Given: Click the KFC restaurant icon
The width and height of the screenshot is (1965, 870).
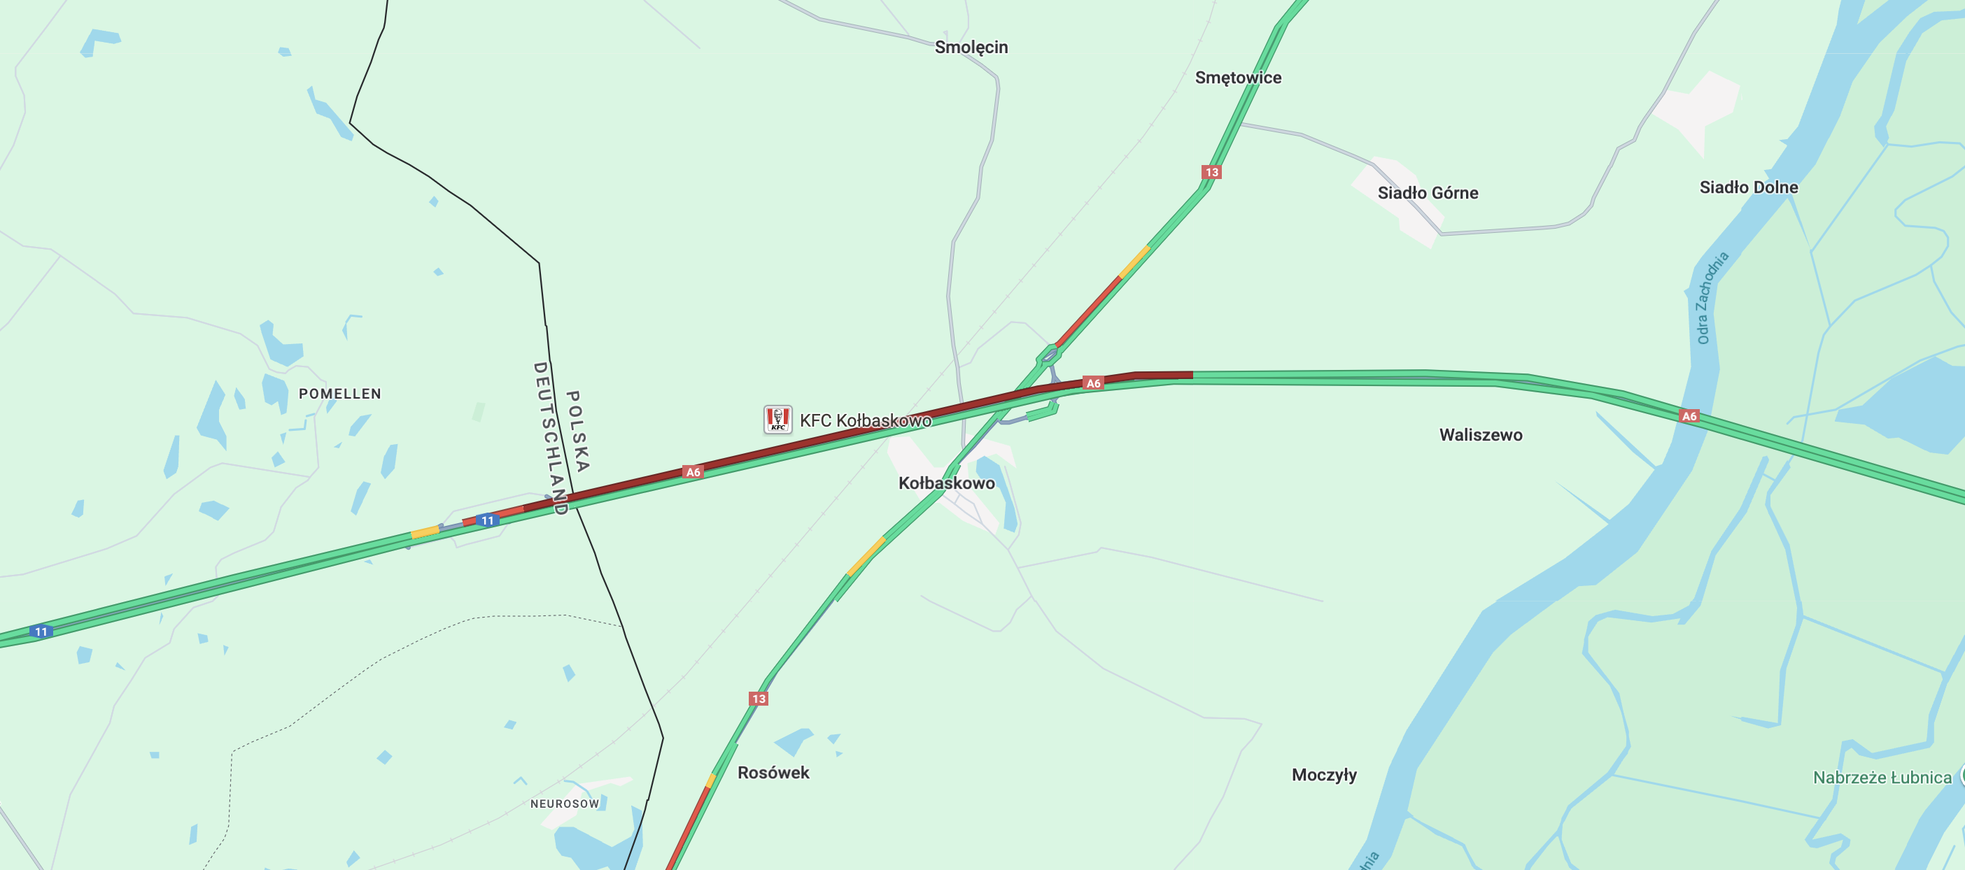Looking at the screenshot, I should coord(777,420).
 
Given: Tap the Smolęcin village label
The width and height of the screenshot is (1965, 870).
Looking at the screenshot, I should coord(971,48).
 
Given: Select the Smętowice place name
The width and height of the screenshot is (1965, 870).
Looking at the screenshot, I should coord(1237,78).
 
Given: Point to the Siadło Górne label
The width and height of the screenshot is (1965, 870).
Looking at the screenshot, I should coord(1428,193).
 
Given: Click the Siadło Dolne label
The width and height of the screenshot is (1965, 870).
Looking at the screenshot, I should coord(1747,187).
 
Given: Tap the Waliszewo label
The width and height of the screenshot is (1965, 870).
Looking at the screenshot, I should coord(1480,436).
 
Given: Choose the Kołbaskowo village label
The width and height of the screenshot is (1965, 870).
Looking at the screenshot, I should coord(946,483).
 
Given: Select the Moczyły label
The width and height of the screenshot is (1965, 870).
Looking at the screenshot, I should coord(1323,776).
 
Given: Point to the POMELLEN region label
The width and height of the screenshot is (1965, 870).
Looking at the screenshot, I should coord(339,394).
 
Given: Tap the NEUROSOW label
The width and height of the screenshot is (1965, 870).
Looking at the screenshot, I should coord(565,804).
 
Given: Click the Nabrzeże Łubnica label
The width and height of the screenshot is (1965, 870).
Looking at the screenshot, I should coord(1881,778).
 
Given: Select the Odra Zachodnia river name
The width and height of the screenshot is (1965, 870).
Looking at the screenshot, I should coord(1711,298).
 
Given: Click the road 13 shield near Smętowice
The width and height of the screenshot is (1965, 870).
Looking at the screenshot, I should coord(1211,172).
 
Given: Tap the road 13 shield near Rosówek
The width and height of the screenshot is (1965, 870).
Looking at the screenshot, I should coord(759,699).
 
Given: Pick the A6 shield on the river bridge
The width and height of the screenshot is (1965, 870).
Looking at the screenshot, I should coord(1689,416).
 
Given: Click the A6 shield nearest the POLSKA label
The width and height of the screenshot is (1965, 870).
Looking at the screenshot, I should coord(693,472).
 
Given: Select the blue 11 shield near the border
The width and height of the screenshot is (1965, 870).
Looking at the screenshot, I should coord(488,521).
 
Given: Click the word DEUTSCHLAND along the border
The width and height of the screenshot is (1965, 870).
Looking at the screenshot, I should coord(550,438).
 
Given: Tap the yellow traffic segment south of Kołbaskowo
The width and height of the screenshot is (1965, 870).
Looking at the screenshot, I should coord(866,557).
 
